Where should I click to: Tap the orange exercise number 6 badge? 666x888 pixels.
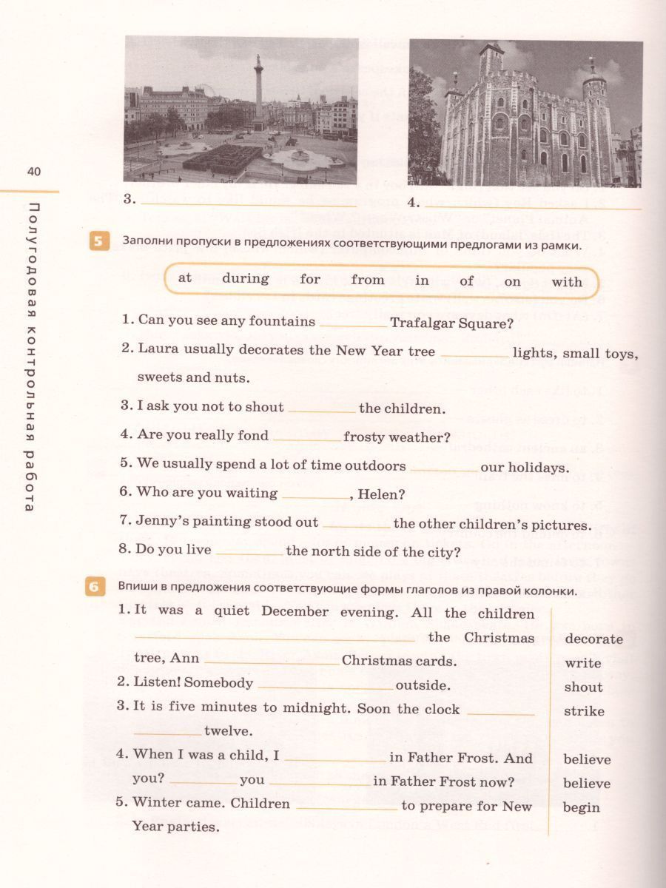coord(94,588)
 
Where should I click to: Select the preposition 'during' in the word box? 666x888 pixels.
coord(245,279)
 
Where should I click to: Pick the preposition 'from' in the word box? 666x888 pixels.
coord(368,280)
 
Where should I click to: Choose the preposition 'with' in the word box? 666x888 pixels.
coord(567,281)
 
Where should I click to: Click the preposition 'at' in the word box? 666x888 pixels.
coord(185,277)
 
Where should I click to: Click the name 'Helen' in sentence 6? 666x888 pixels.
coord(378,494)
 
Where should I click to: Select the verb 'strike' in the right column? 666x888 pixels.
coord(584,712)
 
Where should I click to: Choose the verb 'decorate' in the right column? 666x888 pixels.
coord(593,639)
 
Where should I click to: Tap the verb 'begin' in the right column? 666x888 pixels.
coord(581,807)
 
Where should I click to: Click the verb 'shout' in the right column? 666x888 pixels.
coord(583,687)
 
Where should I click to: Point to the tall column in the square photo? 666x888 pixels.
coord(258,89)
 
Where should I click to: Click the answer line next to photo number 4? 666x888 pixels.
coord(533,206)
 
